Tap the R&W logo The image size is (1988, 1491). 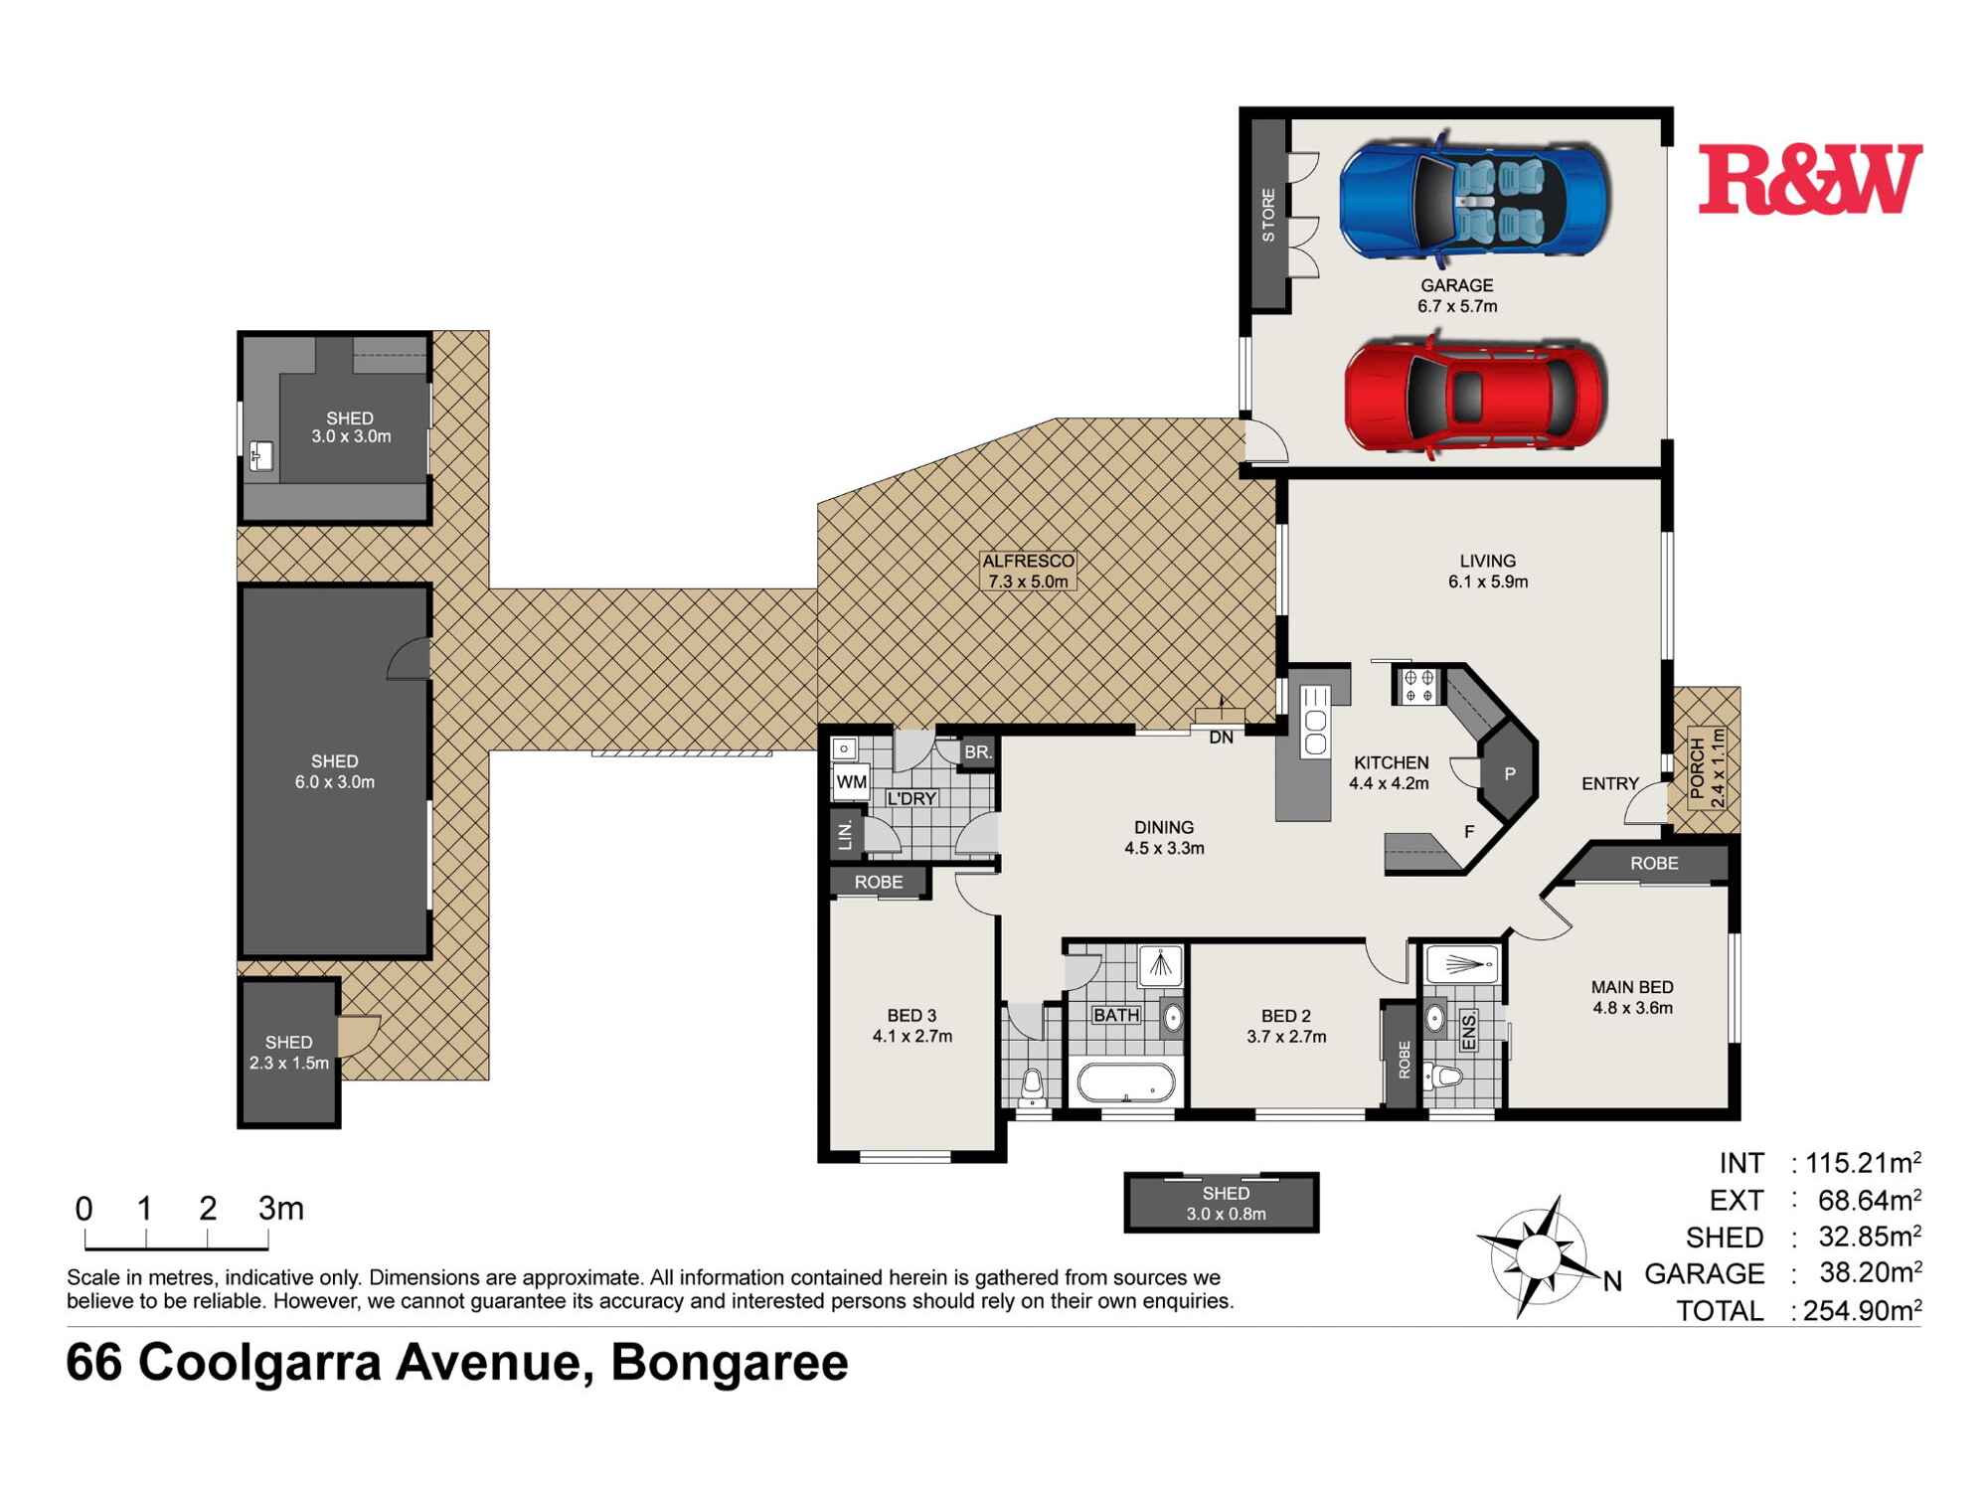[1809, 179]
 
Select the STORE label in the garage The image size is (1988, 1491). [1268, 215]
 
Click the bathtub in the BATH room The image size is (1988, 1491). [1126, 1083]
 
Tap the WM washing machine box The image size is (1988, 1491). [851, 782]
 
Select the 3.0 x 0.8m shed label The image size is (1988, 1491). [1225, 1203]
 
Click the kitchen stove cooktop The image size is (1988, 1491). [1418, 686]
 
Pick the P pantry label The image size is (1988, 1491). [1509, 773]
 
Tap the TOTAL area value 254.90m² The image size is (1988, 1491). [1861, 1310]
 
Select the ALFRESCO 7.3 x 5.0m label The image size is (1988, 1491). [1028, 572]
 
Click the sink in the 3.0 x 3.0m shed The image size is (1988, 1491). [261, 456]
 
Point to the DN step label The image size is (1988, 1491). [1221, 738]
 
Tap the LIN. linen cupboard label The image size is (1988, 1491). [846, 835]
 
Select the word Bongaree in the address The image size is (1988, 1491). [730, 1363]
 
